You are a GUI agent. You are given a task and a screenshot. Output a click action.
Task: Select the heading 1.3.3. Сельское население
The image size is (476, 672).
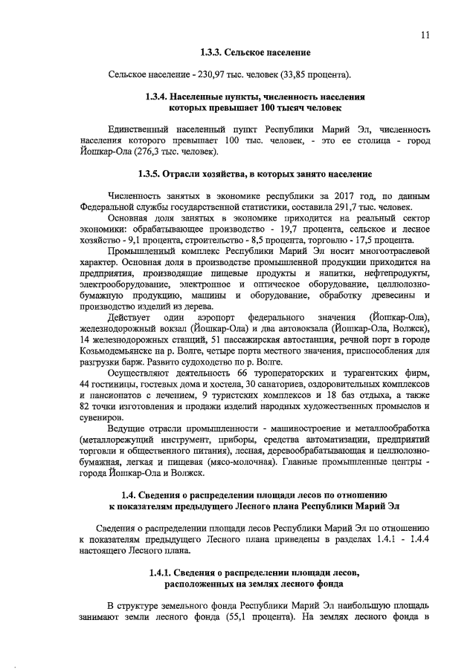[x=255, y=53]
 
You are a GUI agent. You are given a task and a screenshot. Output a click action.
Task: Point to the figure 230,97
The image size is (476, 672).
[x=208, y=75]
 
